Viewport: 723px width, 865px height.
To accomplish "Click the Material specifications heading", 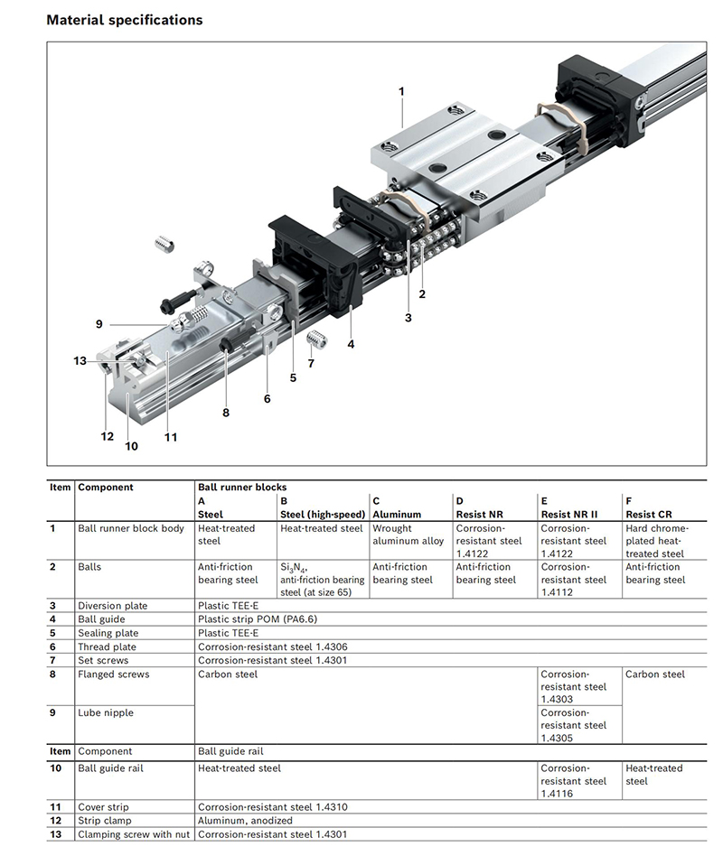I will pyautogui.click(x=124, y=19).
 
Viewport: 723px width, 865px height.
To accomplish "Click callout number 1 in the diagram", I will pyautogui.click(x=401, y=91).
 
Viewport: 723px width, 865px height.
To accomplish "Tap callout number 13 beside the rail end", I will pyautogui.click(x=80, y=361).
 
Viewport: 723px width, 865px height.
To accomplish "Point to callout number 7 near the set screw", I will pyautogui.click(x=311, y=363).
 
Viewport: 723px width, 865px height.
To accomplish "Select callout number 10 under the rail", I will pyautogui.click(x=131, y=445).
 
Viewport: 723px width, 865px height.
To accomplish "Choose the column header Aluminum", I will pyautogui.click(x=397, y=515).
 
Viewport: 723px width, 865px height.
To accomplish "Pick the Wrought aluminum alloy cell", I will pyautogui.click(x=408, y=535).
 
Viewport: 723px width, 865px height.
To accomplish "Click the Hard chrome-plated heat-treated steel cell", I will pyautogui.click(x=656, y=541).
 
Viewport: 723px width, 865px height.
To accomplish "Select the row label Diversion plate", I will pyautogui.click(x=112, y=606).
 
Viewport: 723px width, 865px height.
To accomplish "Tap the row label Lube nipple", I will pyautogui.click(x=105, y=713).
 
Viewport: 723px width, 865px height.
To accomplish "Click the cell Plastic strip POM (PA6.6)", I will pyautogui.click(x=258, y=619).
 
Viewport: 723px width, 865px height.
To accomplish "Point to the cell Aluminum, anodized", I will pyautogui.click(x=245, y=821).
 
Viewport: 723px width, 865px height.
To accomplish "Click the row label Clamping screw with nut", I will pyautogui.click(x=134, y=834).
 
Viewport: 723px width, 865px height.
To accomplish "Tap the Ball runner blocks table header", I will pyautogui.click(x=241, y=488).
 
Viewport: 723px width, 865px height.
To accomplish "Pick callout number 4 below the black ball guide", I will pyautogui.click(x=351, y=343).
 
